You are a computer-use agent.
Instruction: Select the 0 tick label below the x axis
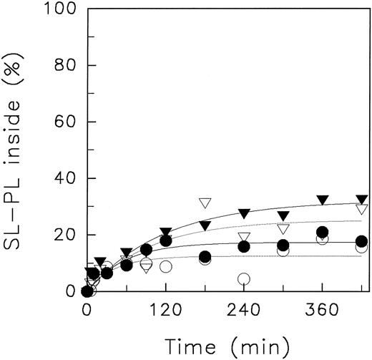point(87,311)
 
